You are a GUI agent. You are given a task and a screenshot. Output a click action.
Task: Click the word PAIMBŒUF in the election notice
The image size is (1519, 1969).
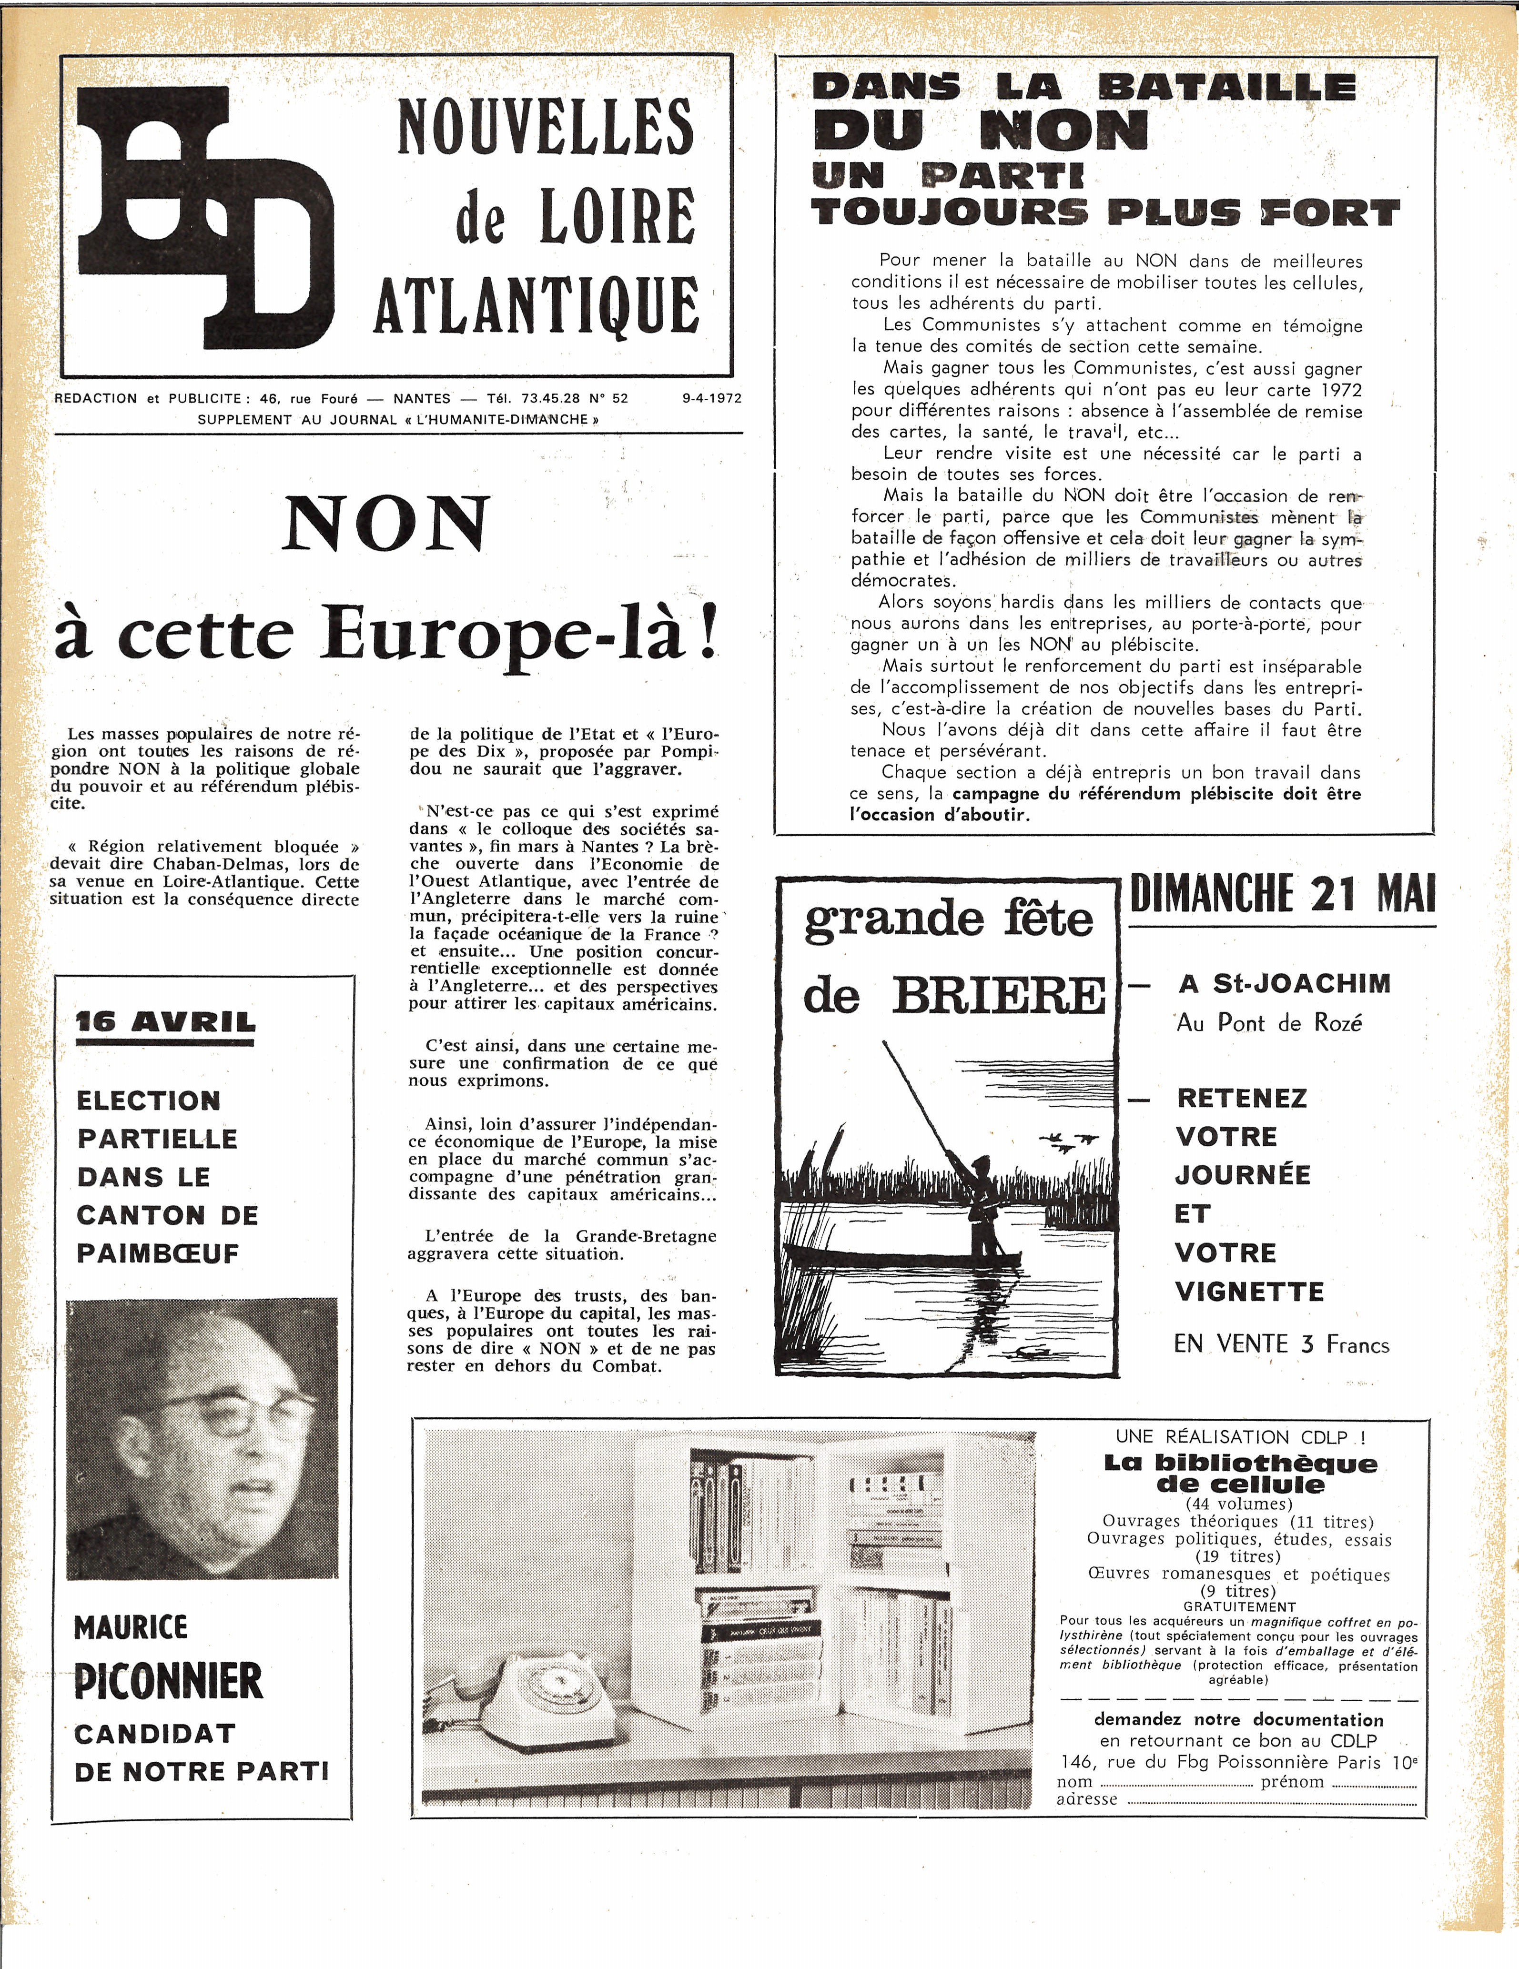click(x=158, y=1253)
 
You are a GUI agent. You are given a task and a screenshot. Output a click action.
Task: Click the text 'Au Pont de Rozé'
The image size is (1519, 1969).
click(x=1268, y=1023)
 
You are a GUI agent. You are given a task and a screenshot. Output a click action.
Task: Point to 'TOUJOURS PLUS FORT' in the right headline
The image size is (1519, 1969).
click(x=1104, y=213)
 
